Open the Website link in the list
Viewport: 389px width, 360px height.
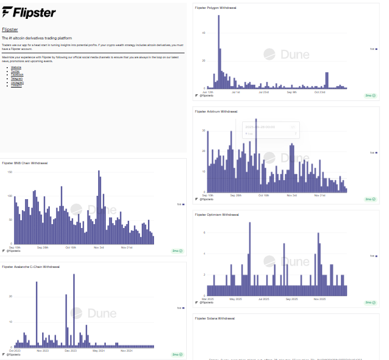tap(16, 67)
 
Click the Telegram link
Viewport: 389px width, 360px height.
tap(17, 78)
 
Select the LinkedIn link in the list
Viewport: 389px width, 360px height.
tap(16, 86)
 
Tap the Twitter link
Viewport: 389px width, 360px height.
tap(15, 70)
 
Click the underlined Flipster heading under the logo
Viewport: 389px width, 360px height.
tap(9, 29)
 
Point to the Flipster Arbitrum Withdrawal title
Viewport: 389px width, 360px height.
tap(216, 111)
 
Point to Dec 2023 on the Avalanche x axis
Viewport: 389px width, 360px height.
tap(71, 351)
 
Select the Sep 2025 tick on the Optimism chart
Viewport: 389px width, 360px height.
tap(292, 298)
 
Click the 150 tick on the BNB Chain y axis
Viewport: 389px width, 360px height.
tap(9, 172)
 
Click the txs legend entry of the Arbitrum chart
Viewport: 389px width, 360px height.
tap(373, 153)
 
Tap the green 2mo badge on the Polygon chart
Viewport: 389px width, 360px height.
tap(370, 95)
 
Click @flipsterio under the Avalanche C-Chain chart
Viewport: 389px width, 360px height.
tap(14, 354)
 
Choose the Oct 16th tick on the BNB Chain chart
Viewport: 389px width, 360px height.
tap(71, 247)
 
